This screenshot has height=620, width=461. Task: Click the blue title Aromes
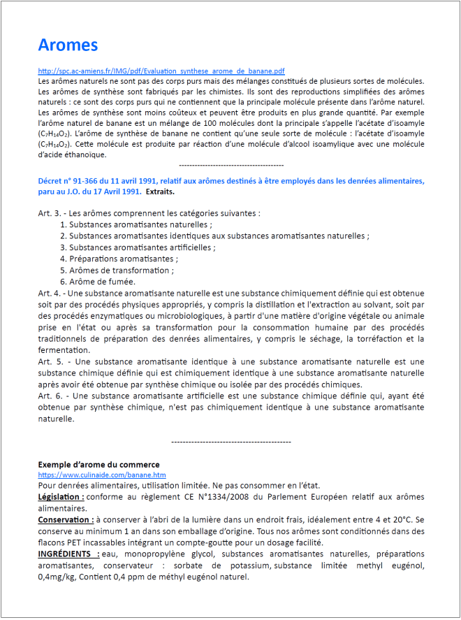click(68, 45)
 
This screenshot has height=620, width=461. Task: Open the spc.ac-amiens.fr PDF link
click(161, 71)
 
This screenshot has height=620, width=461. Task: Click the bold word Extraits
click(161, 192)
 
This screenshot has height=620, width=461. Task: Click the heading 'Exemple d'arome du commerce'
click(98, 465)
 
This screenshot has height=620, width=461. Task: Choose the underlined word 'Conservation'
click(65, 519)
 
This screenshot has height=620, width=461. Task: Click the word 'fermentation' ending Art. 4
click(63, 350)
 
